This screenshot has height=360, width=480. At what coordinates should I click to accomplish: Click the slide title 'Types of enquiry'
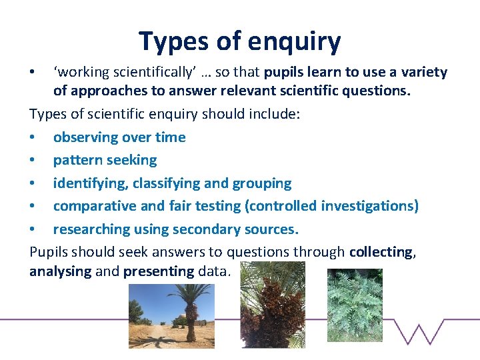tap(239, 41)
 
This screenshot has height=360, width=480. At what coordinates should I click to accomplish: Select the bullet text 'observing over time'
tap(119, 137)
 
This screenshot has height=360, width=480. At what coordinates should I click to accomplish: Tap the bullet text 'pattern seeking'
tap(105, 160)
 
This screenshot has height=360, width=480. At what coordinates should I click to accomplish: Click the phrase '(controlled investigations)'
tap(331, 206)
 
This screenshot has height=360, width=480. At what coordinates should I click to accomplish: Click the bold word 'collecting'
tap(381, 251)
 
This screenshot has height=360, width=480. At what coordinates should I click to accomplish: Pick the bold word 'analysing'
tap(59, 271)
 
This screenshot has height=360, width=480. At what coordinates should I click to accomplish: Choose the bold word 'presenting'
tap(159, 271)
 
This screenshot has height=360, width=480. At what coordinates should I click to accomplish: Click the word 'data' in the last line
tap(213, 271)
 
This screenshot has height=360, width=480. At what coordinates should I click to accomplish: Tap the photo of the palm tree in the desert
tap(171, 315)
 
